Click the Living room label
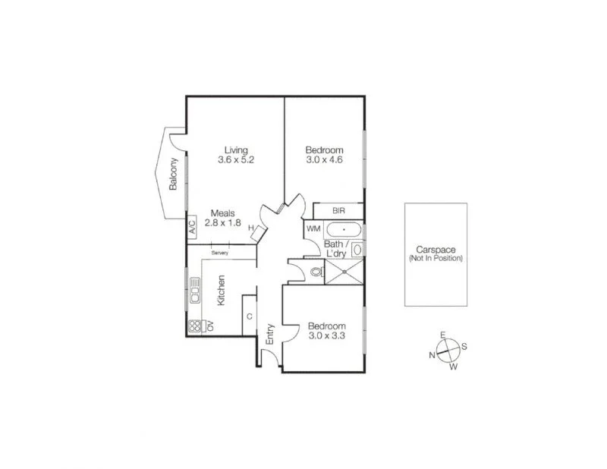coord(235,150)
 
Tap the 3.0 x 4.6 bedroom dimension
coord(325,160)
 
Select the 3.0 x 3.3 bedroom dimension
coord(326,337)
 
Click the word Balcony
coord(174,174)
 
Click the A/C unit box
coord(192,225)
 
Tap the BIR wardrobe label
coord(338,212)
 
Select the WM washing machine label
coord(313,228)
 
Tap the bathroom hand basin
coord(357,249)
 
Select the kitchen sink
coord(194,289)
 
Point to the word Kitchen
coord(222,291)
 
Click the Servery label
coord(220,253)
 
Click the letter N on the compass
coord(432,354)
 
